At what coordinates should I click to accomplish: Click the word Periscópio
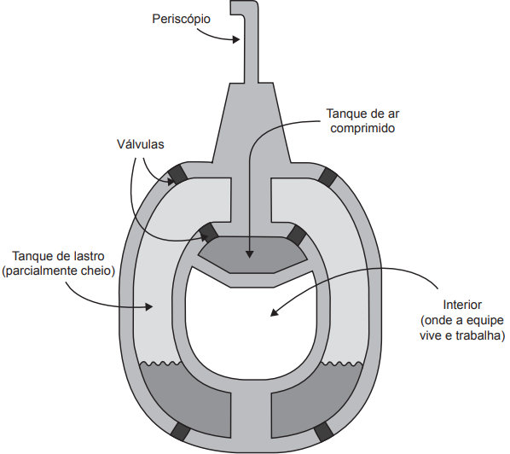click(x=181, y=20)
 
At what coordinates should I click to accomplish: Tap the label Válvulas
click(x=141, y=144)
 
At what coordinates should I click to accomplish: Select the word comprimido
click(x=362, y=128)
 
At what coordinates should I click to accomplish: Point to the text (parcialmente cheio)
click(x=59, y=271)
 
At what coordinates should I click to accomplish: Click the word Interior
click(x=462, y=305)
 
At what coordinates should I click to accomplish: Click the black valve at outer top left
click(x=177, y=174)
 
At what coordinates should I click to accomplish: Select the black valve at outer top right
click(x=327, y=178)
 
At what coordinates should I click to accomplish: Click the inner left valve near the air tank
click(x=208, y=232)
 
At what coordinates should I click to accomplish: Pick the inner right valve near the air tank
click(x=297, y=235)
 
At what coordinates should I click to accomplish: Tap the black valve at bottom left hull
click(x=181, y=431)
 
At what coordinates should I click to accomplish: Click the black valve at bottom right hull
click(x=324, y=432)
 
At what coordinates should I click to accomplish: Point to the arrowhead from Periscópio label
click(x=236, y=39)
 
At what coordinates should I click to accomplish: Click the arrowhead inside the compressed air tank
click(x=249, y=254)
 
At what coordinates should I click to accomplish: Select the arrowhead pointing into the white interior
click(x=275, y=312)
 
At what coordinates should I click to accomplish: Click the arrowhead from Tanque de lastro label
click(x=149, y=306)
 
